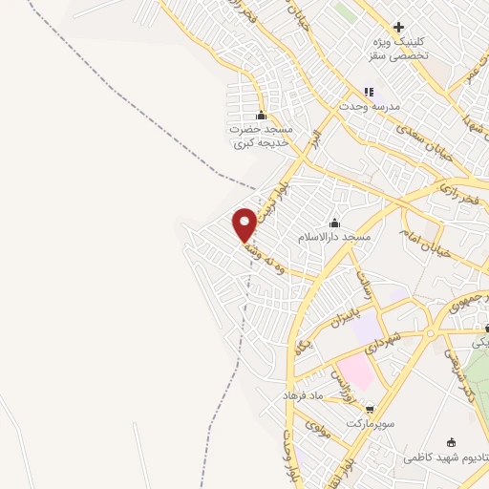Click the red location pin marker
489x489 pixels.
click(x=245, y=223)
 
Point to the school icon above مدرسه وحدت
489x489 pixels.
click(x=369, y=93)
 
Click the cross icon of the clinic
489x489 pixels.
click(x=399, y=27)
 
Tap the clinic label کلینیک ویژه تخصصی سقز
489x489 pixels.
click(x=399, y=49)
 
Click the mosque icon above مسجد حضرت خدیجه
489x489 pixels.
click(x=261, y=116)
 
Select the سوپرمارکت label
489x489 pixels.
click(x=371, y=422)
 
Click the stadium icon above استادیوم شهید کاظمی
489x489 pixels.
click(x=452, y=441)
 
